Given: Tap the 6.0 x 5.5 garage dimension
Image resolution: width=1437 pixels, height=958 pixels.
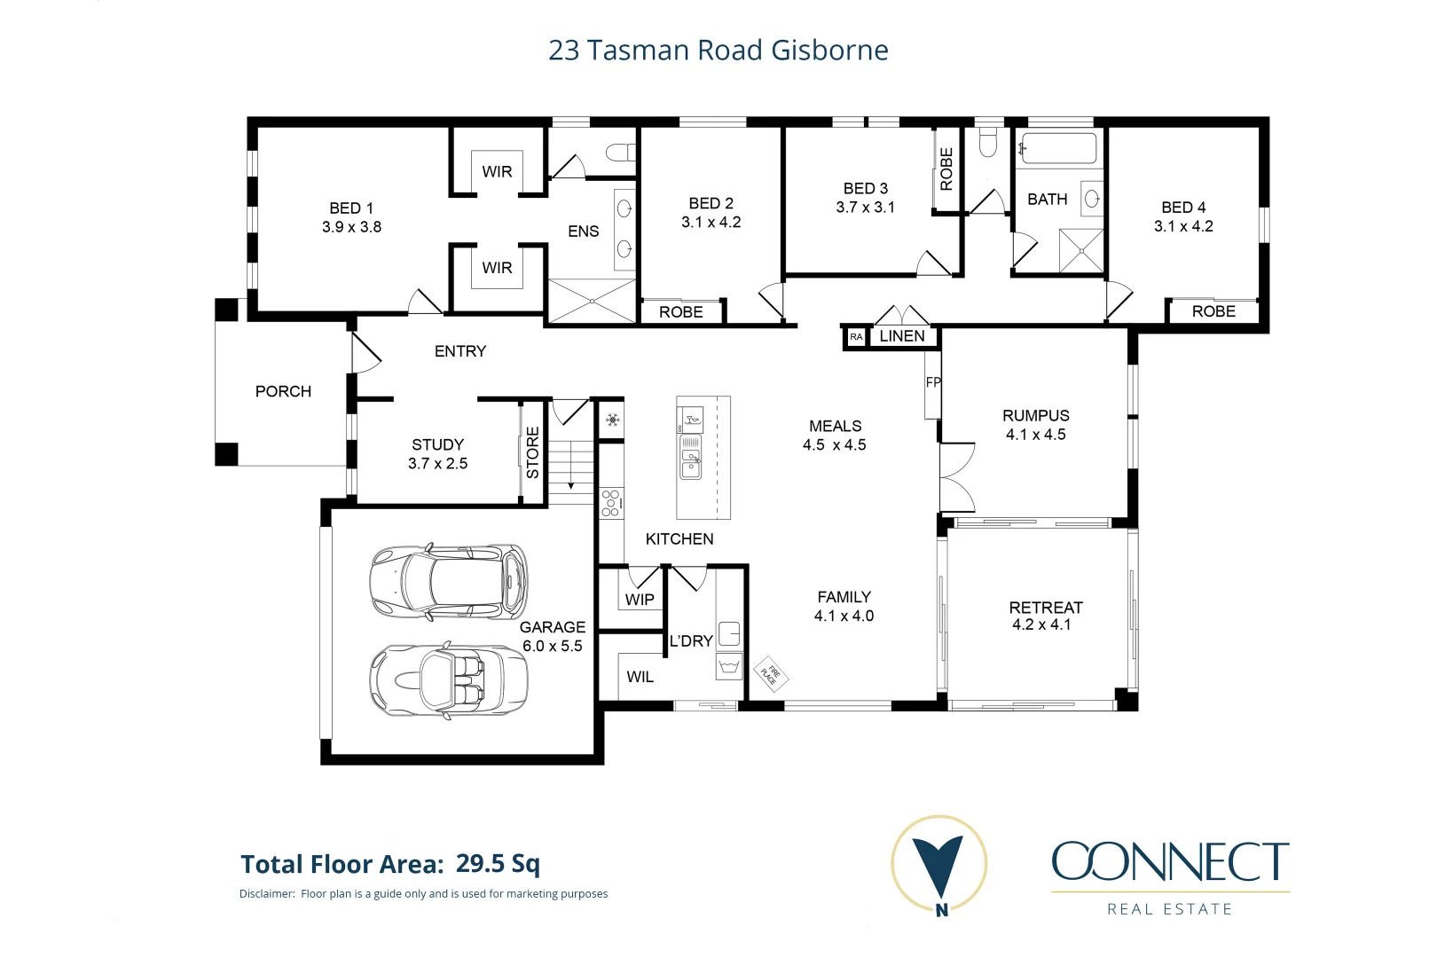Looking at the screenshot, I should point(552,646).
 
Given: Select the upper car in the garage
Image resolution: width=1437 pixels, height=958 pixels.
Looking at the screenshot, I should point(448,582).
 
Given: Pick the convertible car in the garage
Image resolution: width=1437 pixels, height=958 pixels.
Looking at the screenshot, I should point(448,680).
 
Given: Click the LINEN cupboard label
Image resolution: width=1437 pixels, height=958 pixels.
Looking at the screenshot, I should point(901,336).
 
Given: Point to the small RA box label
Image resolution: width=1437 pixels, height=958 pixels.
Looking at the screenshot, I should point(855,337).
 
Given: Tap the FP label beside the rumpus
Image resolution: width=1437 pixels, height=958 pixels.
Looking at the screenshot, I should point(932,382).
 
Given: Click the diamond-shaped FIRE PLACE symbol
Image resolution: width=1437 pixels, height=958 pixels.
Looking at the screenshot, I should point(770,673).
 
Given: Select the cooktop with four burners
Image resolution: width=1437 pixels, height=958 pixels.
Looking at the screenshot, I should point(610,503).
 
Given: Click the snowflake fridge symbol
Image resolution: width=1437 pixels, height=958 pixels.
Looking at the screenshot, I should point(612,420).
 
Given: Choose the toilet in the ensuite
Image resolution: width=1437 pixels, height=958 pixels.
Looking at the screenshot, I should point(621,153).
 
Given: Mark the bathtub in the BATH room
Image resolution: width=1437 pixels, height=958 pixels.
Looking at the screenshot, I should point(1057,148).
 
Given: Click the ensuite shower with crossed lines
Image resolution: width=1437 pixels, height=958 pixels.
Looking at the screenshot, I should point(592,301).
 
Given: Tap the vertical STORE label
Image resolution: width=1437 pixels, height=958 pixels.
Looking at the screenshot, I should point(532,452).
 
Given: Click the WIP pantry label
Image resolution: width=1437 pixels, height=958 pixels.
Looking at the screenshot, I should point(639,600).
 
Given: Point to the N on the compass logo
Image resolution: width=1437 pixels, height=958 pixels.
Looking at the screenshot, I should point(940,909).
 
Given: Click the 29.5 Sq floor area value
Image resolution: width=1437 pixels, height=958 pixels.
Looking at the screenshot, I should point(497,863).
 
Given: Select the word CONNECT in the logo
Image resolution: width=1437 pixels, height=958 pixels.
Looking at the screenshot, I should point(1169,862).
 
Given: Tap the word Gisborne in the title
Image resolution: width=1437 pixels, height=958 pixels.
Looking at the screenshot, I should point(829,51).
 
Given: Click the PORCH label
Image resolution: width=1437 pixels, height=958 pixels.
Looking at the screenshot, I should point(283,391).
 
